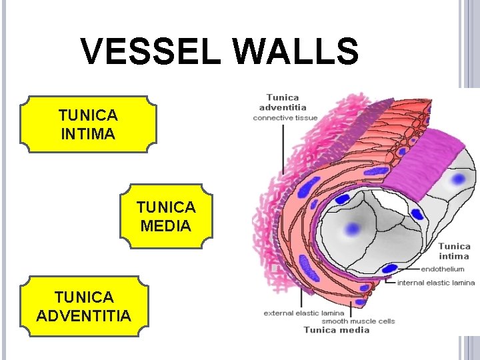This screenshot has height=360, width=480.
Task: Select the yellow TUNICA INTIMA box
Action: (89, 124)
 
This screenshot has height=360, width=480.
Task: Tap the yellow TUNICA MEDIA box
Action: (166, 216)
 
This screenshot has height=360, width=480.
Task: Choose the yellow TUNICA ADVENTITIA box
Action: (84, 305)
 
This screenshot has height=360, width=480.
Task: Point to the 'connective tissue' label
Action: (285, 118)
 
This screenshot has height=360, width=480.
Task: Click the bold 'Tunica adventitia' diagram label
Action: (283, 102)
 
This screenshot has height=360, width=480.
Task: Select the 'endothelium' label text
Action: (443, 269)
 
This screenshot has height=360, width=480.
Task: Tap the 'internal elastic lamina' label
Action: (436, 282)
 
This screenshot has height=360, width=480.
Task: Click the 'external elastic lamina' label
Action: (304, 313)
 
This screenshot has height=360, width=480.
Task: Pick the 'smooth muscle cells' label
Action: (359, 321)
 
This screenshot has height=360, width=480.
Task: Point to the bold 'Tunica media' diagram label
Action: (337, 329)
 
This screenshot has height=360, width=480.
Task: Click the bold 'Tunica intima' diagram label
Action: (454, 251)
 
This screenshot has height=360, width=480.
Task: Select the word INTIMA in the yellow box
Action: (88, 133)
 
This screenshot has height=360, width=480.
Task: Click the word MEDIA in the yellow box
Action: (166, 225)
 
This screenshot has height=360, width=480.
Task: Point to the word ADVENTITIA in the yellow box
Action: (84, 315)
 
